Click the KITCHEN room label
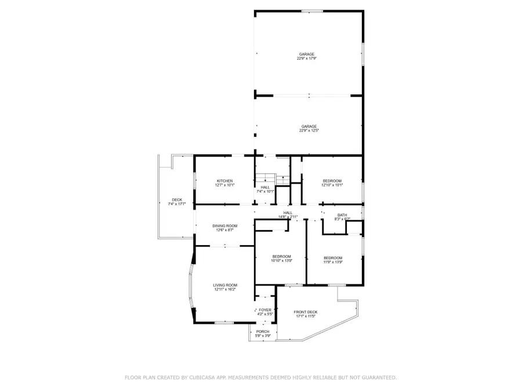pos(224,181)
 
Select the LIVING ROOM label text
pos(224,285)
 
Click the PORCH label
pos(263,331)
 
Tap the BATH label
pos(342,215)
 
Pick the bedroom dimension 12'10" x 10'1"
pos(332,185)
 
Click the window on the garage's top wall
pos(313,10)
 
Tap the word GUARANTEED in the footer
pos(377,377)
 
